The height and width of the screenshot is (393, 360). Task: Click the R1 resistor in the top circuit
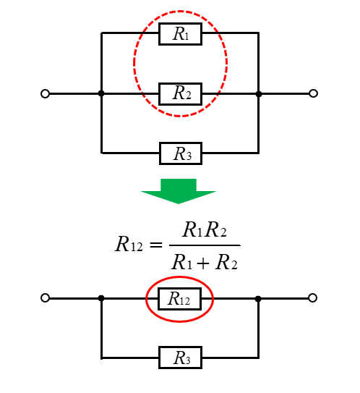point(180,34)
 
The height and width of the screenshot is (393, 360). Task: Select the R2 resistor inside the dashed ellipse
point(180,94)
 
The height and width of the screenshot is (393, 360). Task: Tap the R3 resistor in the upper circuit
point(181,153)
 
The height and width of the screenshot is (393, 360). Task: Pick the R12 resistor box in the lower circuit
point(179,299)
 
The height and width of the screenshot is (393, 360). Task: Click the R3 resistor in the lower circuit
point(180,358)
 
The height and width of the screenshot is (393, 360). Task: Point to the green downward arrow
point(179,191)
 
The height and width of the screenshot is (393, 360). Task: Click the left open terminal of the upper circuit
point(45,94)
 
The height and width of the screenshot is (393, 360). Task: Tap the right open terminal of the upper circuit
point(313,93)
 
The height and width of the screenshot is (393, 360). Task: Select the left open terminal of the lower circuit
point(45,298)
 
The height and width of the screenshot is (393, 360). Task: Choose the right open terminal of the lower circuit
point(312,298)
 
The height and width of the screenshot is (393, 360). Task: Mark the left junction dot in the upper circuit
point(101,94)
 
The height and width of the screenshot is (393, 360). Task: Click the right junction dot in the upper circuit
point(259,94)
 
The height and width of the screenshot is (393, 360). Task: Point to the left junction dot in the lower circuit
point(101,298)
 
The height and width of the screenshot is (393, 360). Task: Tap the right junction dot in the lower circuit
point(258,299)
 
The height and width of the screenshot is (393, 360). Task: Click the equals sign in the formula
point(155,245)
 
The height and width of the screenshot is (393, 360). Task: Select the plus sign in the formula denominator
point(203,263)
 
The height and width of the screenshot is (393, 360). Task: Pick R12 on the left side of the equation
point(129,244)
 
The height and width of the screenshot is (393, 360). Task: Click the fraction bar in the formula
point(205,245)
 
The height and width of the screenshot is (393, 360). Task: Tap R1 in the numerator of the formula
point(192,229)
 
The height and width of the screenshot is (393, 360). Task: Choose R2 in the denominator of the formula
point(226,262)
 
